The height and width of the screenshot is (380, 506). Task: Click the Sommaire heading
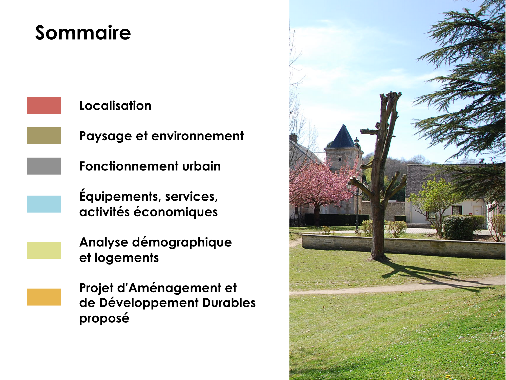coord(83,33)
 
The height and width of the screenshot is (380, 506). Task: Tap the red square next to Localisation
coord(44,105)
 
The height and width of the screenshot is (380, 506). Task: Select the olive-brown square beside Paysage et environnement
coord(44,136)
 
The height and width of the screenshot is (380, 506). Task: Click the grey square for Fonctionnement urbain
coord(44,166)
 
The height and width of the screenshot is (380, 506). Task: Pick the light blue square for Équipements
coord(44,204)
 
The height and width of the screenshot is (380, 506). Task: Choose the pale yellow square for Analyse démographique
coord(44,250)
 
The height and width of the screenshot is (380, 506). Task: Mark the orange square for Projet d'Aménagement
coord(44,297)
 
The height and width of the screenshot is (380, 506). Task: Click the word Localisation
coord(115,106)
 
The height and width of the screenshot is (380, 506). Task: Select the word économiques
coord(176,212)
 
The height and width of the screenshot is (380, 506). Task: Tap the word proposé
coord(104,318)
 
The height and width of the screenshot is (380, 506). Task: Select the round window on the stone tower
coord(340,160)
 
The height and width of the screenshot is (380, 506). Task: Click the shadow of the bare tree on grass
coord(435,276)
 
